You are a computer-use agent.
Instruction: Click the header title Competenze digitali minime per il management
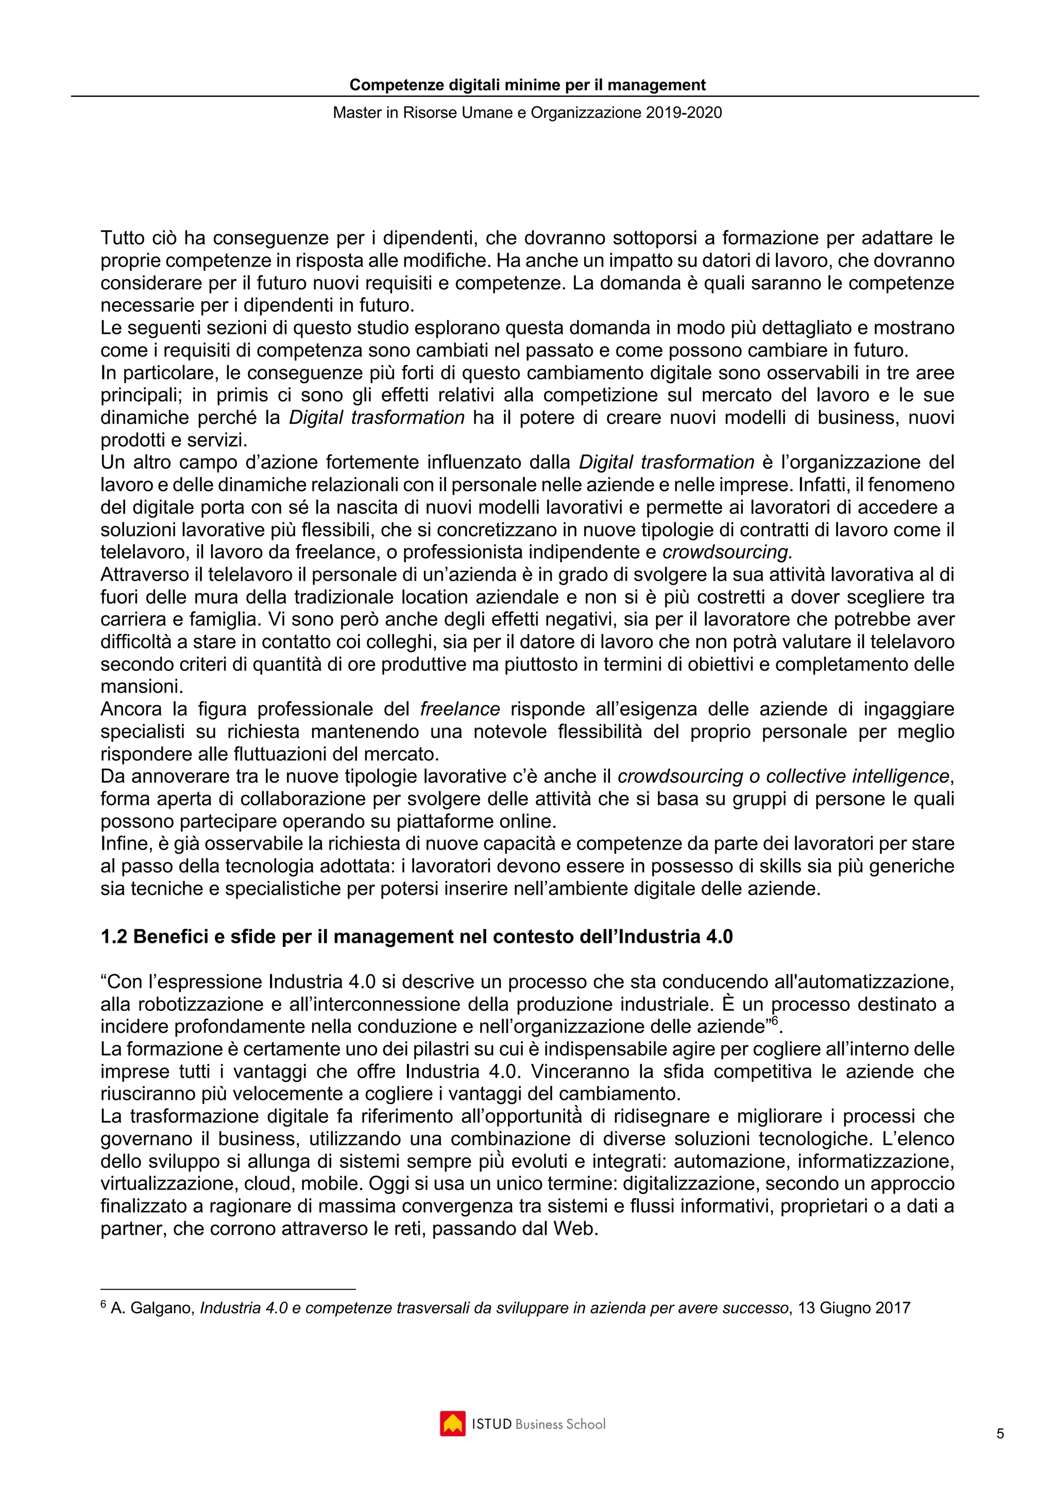(x=527, y=85)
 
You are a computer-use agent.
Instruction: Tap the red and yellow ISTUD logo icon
(x=452, y=1423)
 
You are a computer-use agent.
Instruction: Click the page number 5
(x=1000, y=1433)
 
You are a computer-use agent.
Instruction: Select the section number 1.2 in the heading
(x=114, y=937)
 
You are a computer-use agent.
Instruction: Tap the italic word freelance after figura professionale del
(x=460, y=709)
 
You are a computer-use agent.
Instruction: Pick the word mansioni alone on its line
(x=141, y=687)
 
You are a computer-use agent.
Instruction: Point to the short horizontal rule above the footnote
(x=228, y=1289)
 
